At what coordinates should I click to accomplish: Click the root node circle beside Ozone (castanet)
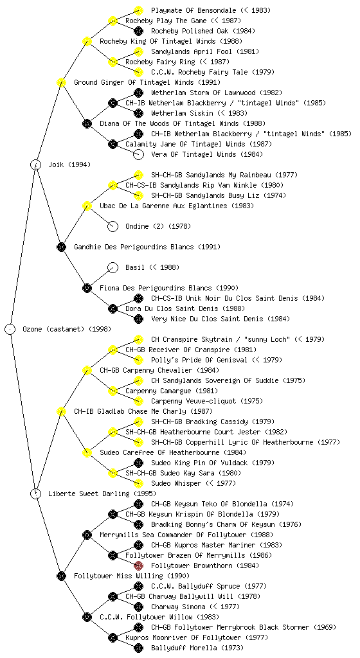10,329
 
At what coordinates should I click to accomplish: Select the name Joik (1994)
69,164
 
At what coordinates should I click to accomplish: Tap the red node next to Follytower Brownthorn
138,565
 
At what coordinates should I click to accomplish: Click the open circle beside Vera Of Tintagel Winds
138,154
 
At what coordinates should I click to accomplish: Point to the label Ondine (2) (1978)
158,226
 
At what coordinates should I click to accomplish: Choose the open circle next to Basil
113,267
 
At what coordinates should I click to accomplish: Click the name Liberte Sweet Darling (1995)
102,493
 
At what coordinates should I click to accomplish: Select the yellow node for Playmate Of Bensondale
138,10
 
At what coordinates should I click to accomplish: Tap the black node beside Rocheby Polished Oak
138,31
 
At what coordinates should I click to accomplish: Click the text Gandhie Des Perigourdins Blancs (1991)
147,247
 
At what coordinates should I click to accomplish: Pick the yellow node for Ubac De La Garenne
87,206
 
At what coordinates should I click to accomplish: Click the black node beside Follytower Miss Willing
61,576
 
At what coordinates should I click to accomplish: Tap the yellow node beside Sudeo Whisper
138,483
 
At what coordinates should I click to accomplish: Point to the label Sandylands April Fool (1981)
205,51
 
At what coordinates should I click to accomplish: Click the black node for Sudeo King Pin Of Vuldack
138,463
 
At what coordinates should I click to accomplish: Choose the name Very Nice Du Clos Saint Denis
207,319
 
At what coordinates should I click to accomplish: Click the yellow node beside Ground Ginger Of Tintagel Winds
61,82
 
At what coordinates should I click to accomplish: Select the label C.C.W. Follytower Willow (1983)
159,617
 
